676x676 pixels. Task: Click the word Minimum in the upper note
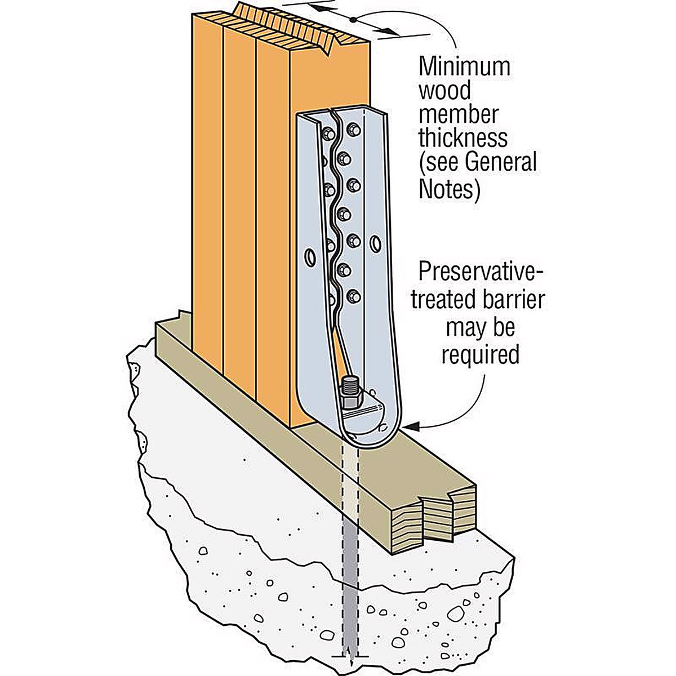[x=464, y=67]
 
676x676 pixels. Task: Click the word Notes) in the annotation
[x=449, y=188]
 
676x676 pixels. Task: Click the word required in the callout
[x=481, y=355]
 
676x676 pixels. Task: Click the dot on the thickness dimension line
[x=354, y=20]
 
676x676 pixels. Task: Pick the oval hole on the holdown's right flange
[x=376, y=243]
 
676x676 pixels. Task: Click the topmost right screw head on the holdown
[x=353, y=130]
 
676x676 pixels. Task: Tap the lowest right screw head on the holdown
[x=353, y=297]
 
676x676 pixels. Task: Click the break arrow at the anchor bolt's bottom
[x=350, y=660]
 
